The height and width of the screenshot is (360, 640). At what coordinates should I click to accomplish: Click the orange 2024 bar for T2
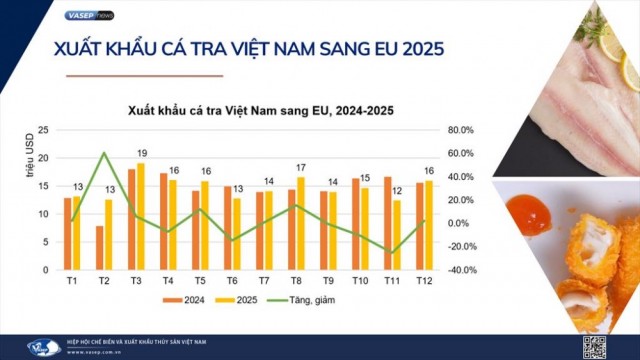point(100,248)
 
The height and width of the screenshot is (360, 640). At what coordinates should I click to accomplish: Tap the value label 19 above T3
point(142,153)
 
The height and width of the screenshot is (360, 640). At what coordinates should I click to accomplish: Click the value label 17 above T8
point(301,167)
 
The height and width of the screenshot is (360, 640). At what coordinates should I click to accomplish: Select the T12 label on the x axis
point(424,281)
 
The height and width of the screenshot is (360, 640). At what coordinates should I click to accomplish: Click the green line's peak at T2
point(104,153)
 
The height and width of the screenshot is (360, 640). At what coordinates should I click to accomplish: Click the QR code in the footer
point(594,347)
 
